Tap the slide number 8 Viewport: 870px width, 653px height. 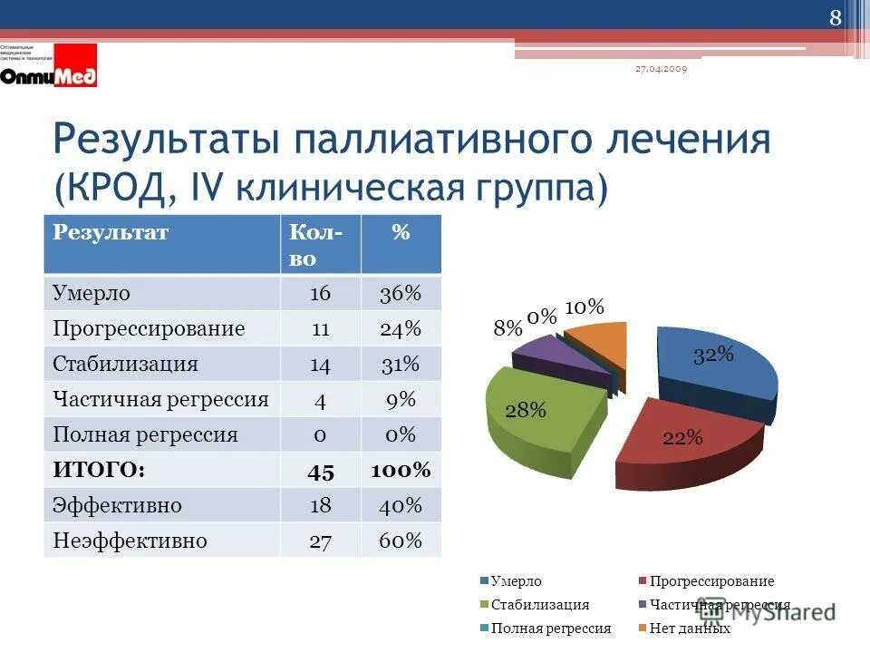coord(835,18)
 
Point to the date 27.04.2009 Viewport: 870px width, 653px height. coord(661,70)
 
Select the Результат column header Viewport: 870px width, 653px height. coord(111,233)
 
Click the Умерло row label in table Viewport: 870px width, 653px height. coord(92,293)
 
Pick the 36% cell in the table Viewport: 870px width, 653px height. coord(401,293)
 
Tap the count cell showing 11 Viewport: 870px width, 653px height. coord(320,328)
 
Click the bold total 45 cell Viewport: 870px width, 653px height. coord(320,471)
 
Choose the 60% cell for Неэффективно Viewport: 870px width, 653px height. coord(401,541)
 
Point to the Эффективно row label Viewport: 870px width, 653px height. coord(118,505)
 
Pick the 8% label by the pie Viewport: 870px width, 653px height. coord(507,328)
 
